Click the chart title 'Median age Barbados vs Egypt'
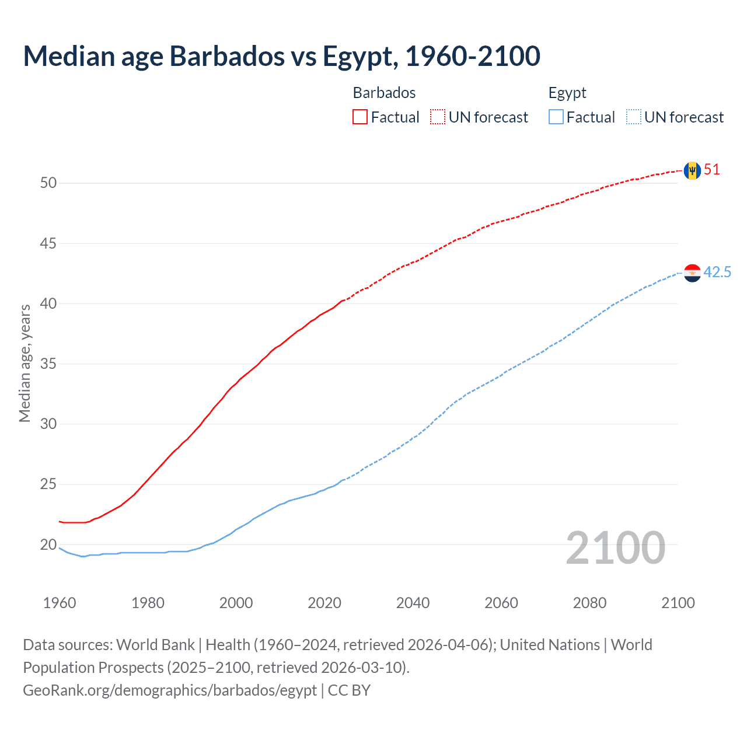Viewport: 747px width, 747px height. pos(281,56)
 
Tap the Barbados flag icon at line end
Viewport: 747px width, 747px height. pos(692,170)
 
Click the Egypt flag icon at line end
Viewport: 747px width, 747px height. pos(692,273)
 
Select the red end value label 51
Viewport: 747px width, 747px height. pos(712,170)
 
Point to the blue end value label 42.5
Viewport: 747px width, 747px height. pos(717,273)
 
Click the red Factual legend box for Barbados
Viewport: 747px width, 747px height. pos(360,117)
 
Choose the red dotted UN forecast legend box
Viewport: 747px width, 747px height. pos(438,117)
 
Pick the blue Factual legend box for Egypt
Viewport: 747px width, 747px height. pos(556,117)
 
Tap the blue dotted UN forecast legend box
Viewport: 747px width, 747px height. pos(634,117)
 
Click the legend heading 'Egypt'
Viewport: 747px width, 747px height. pos(567,93)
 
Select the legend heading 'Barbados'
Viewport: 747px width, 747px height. pos(384,93)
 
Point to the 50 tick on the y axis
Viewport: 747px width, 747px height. pos(48,183)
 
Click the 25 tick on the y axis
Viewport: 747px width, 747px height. pos(48,484)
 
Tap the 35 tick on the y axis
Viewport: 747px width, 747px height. pos(48,364)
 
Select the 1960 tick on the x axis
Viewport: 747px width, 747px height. pos(60,603)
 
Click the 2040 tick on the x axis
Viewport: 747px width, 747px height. pos(413,603)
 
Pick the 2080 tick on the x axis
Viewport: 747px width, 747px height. pos(589,603)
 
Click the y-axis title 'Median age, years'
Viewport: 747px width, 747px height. pos(25,363)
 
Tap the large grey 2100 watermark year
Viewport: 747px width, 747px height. pos(615,548)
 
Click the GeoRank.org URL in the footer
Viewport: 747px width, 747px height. pos(170,690)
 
